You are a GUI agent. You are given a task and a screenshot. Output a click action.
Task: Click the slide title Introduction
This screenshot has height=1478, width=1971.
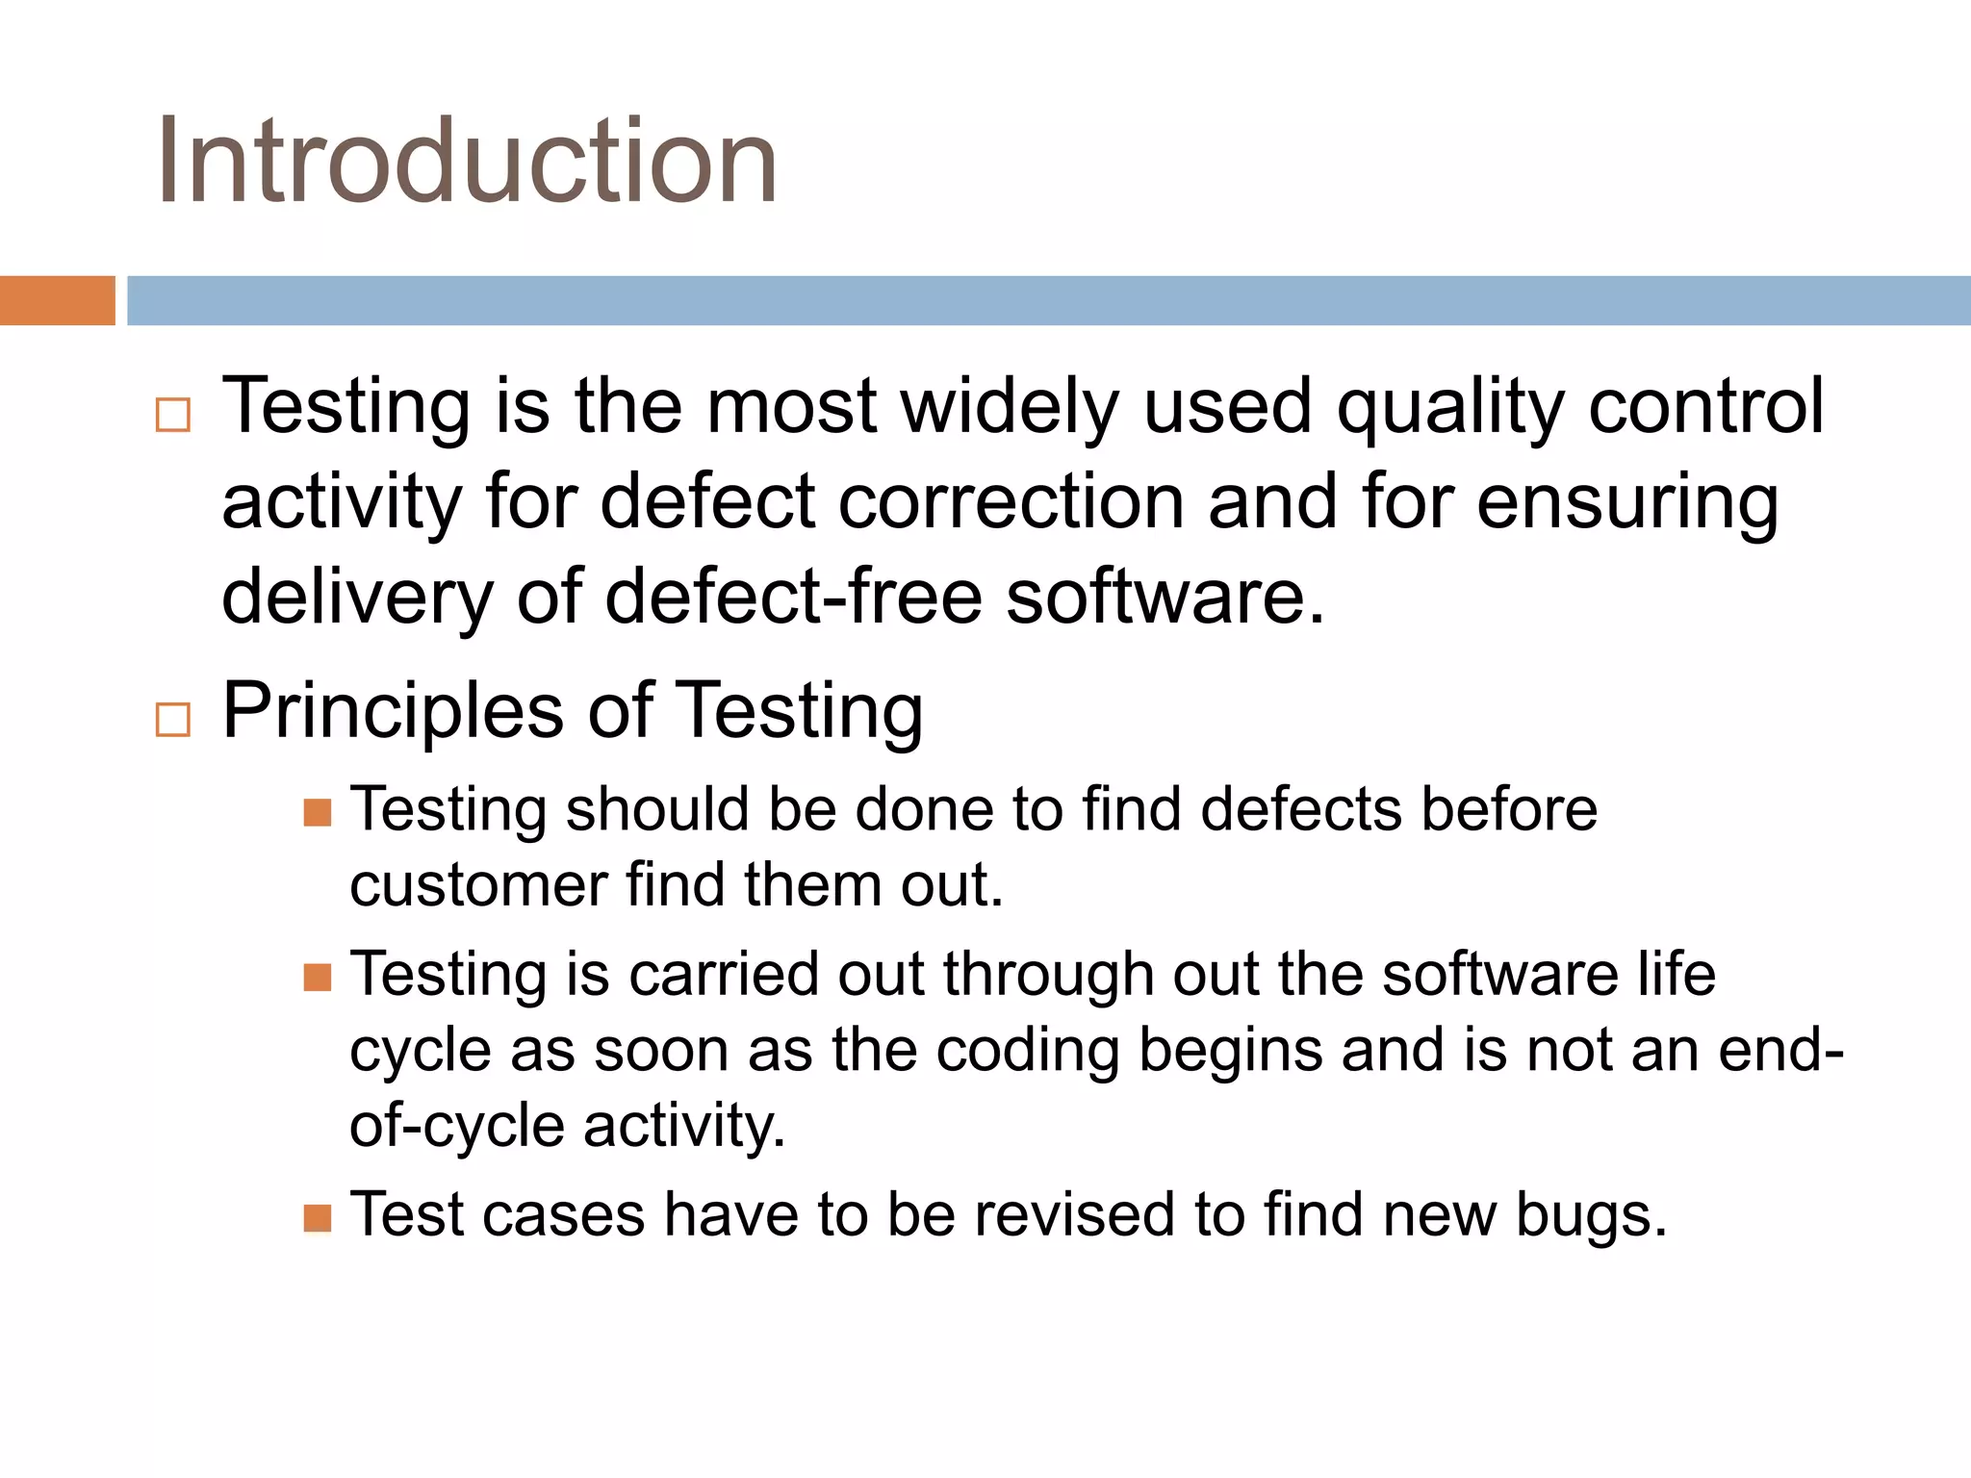click(x=467, y=162)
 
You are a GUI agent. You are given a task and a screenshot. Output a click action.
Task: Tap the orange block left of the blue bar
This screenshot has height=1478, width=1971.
click(x=57, y=300)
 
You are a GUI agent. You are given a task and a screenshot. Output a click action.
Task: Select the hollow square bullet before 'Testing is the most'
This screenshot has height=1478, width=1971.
click(x=173, y=415)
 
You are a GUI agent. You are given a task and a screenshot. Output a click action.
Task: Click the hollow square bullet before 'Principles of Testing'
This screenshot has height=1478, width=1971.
click(x=173, y=719)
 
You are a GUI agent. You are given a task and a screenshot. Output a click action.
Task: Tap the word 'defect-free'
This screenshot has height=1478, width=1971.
click(x=793, y=597)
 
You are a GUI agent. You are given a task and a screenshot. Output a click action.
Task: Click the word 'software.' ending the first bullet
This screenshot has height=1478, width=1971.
click(x=1165, y=597)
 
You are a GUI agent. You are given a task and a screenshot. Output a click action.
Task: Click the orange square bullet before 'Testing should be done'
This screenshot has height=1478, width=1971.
click(x=318, y=813)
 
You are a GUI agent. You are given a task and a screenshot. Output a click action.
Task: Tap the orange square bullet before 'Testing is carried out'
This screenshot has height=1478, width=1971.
click(x=318, y=978)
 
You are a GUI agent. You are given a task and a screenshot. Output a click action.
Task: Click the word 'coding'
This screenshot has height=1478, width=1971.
click(x=1027, y=1052)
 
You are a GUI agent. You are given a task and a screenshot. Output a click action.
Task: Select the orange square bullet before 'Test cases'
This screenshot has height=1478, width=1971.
click(x=318, y=1218)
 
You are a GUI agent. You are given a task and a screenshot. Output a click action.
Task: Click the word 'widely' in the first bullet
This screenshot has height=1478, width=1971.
click(x=1010, y=408)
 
